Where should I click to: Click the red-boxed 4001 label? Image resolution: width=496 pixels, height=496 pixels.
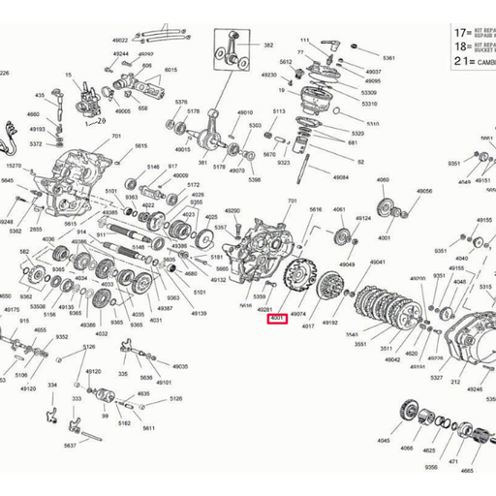tap(277, 318)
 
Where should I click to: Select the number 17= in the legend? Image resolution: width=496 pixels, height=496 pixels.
tap(432, 31)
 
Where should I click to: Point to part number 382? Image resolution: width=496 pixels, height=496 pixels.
tap(268, 46)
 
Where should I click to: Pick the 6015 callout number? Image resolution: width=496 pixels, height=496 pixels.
tap(170, 70)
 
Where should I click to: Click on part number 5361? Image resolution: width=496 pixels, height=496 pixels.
tap(388, 58)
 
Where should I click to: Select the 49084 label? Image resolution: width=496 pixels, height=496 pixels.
tap(340, 178)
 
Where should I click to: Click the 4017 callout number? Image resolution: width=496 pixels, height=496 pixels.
tap(308, 326)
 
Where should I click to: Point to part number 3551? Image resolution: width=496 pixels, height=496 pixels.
tap(360, 344)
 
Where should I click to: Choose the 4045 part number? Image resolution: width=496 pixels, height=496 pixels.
tap(384, 440)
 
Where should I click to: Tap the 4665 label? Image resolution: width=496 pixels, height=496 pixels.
tap(467, 470)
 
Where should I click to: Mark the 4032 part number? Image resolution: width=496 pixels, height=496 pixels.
tap(101, 333)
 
